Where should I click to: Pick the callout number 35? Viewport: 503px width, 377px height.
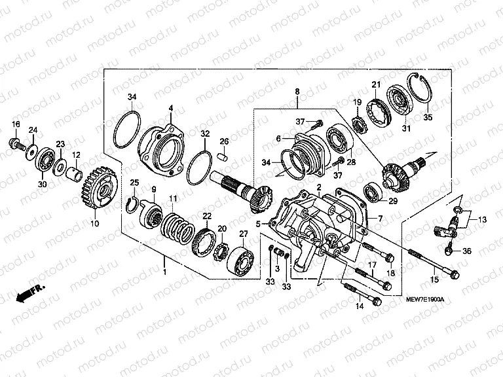tap(428, 118)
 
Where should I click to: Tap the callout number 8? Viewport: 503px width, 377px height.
tap(297, 92)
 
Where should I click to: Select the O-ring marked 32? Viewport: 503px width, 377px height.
tap(202, 170)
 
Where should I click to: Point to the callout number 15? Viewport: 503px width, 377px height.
tap(432, 280)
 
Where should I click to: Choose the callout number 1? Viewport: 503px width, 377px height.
tap(164, 271)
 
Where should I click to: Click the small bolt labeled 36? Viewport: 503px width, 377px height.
tap(451, 249)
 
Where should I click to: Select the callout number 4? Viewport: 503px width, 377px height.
tap(170, 108)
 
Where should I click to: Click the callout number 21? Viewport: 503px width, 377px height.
tap(376, 84)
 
